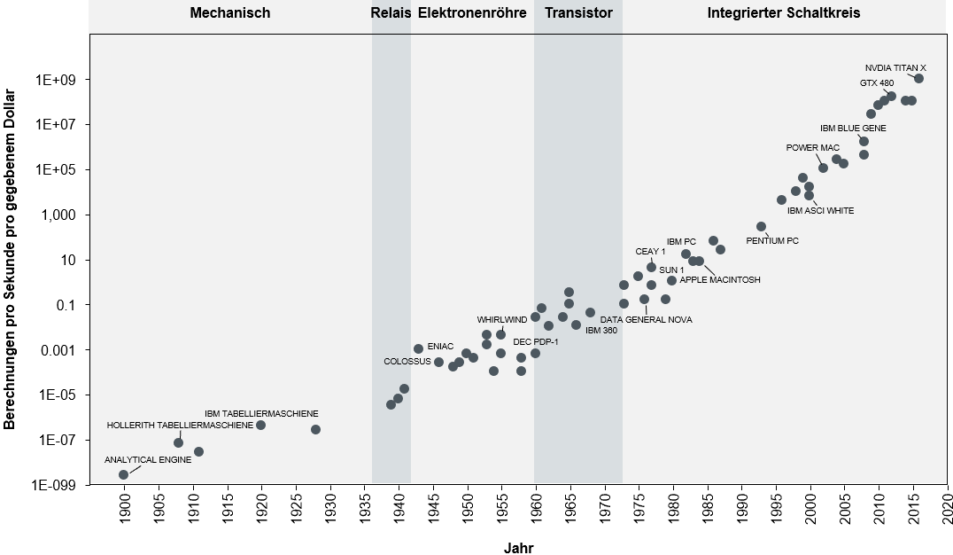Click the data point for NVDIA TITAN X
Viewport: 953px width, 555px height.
click(918, 78)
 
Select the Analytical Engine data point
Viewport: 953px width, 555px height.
click(123, 474)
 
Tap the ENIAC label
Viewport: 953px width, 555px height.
click(440, 346)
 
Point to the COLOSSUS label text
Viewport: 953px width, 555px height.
click(407, 361)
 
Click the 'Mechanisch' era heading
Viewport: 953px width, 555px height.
click(230, 13)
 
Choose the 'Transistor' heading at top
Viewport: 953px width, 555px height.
click(578, 13)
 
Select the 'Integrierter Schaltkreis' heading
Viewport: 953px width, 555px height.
click(784, 13)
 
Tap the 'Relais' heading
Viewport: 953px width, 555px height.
click(391, 13)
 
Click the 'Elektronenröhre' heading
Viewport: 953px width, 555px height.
click(472, 13)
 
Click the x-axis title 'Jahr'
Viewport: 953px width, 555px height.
click(518, 548)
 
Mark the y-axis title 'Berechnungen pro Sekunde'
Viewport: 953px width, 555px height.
click(11, 259)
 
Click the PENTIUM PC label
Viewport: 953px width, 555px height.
click(771, 240)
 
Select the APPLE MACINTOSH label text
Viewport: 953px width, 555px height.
click(719, 280)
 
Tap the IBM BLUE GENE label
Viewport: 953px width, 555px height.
click(853, 128)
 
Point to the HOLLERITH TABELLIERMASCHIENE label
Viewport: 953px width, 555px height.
click(180, 426)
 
